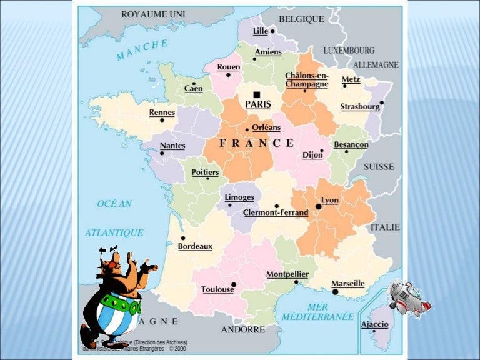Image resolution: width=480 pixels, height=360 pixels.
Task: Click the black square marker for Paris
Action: (x=256, y=94)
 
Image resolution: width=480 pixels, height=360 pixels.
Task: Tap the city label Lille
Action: (x=261, y=31)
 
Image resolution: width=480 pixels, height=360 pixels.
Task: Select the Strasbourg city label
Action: (x=360, y=107)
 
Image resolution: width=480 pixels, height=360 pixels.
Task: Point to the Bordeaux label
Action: (x=195, y=246)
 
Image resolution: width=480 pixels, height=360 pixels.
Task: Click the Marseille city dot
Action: (x=336, y=291)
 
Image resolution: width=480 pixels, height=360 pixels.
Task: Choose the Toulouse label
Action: (x=217, y=289)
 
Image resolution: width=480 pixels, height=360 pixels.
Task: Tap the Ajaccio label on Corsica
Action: (x=375, y=324)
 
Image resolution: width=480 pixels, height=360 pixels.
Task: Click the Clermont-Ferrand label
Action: (x=276, y=212)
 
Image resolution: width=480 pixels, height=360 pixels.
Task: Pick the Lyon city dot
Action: (x=318, y=206)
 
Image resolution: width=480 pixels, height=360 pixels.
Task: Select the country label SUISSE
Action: (x=379, y=167)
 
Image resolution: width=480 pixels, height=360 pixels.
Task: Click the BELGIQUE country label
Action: (x=301, y=19)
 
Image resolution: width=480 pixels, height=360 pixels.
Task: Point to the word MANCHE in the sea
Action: (x=142, y=49)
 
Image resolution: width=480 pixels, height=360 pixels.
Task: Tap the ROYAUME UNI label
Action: (x=153, y=14)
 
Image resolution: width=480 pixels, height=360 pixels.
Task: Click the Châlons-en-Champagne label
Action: (x=306, y=79)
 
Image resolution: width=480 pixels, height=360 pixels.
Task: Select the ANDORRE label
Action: (x=243, y=329)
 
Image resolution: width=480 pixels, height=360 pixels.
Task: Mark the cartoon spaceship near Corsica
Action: (x=409, y=298)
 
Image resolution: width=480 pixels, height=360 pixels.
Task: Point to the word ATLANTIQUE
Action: (x=114, y=232)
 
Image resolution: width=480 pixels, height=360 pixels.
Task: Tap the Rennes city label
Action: (x=162, y=112)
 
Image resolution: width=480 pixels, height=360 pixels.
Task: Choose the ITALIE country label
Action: (x=385, y=227)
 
